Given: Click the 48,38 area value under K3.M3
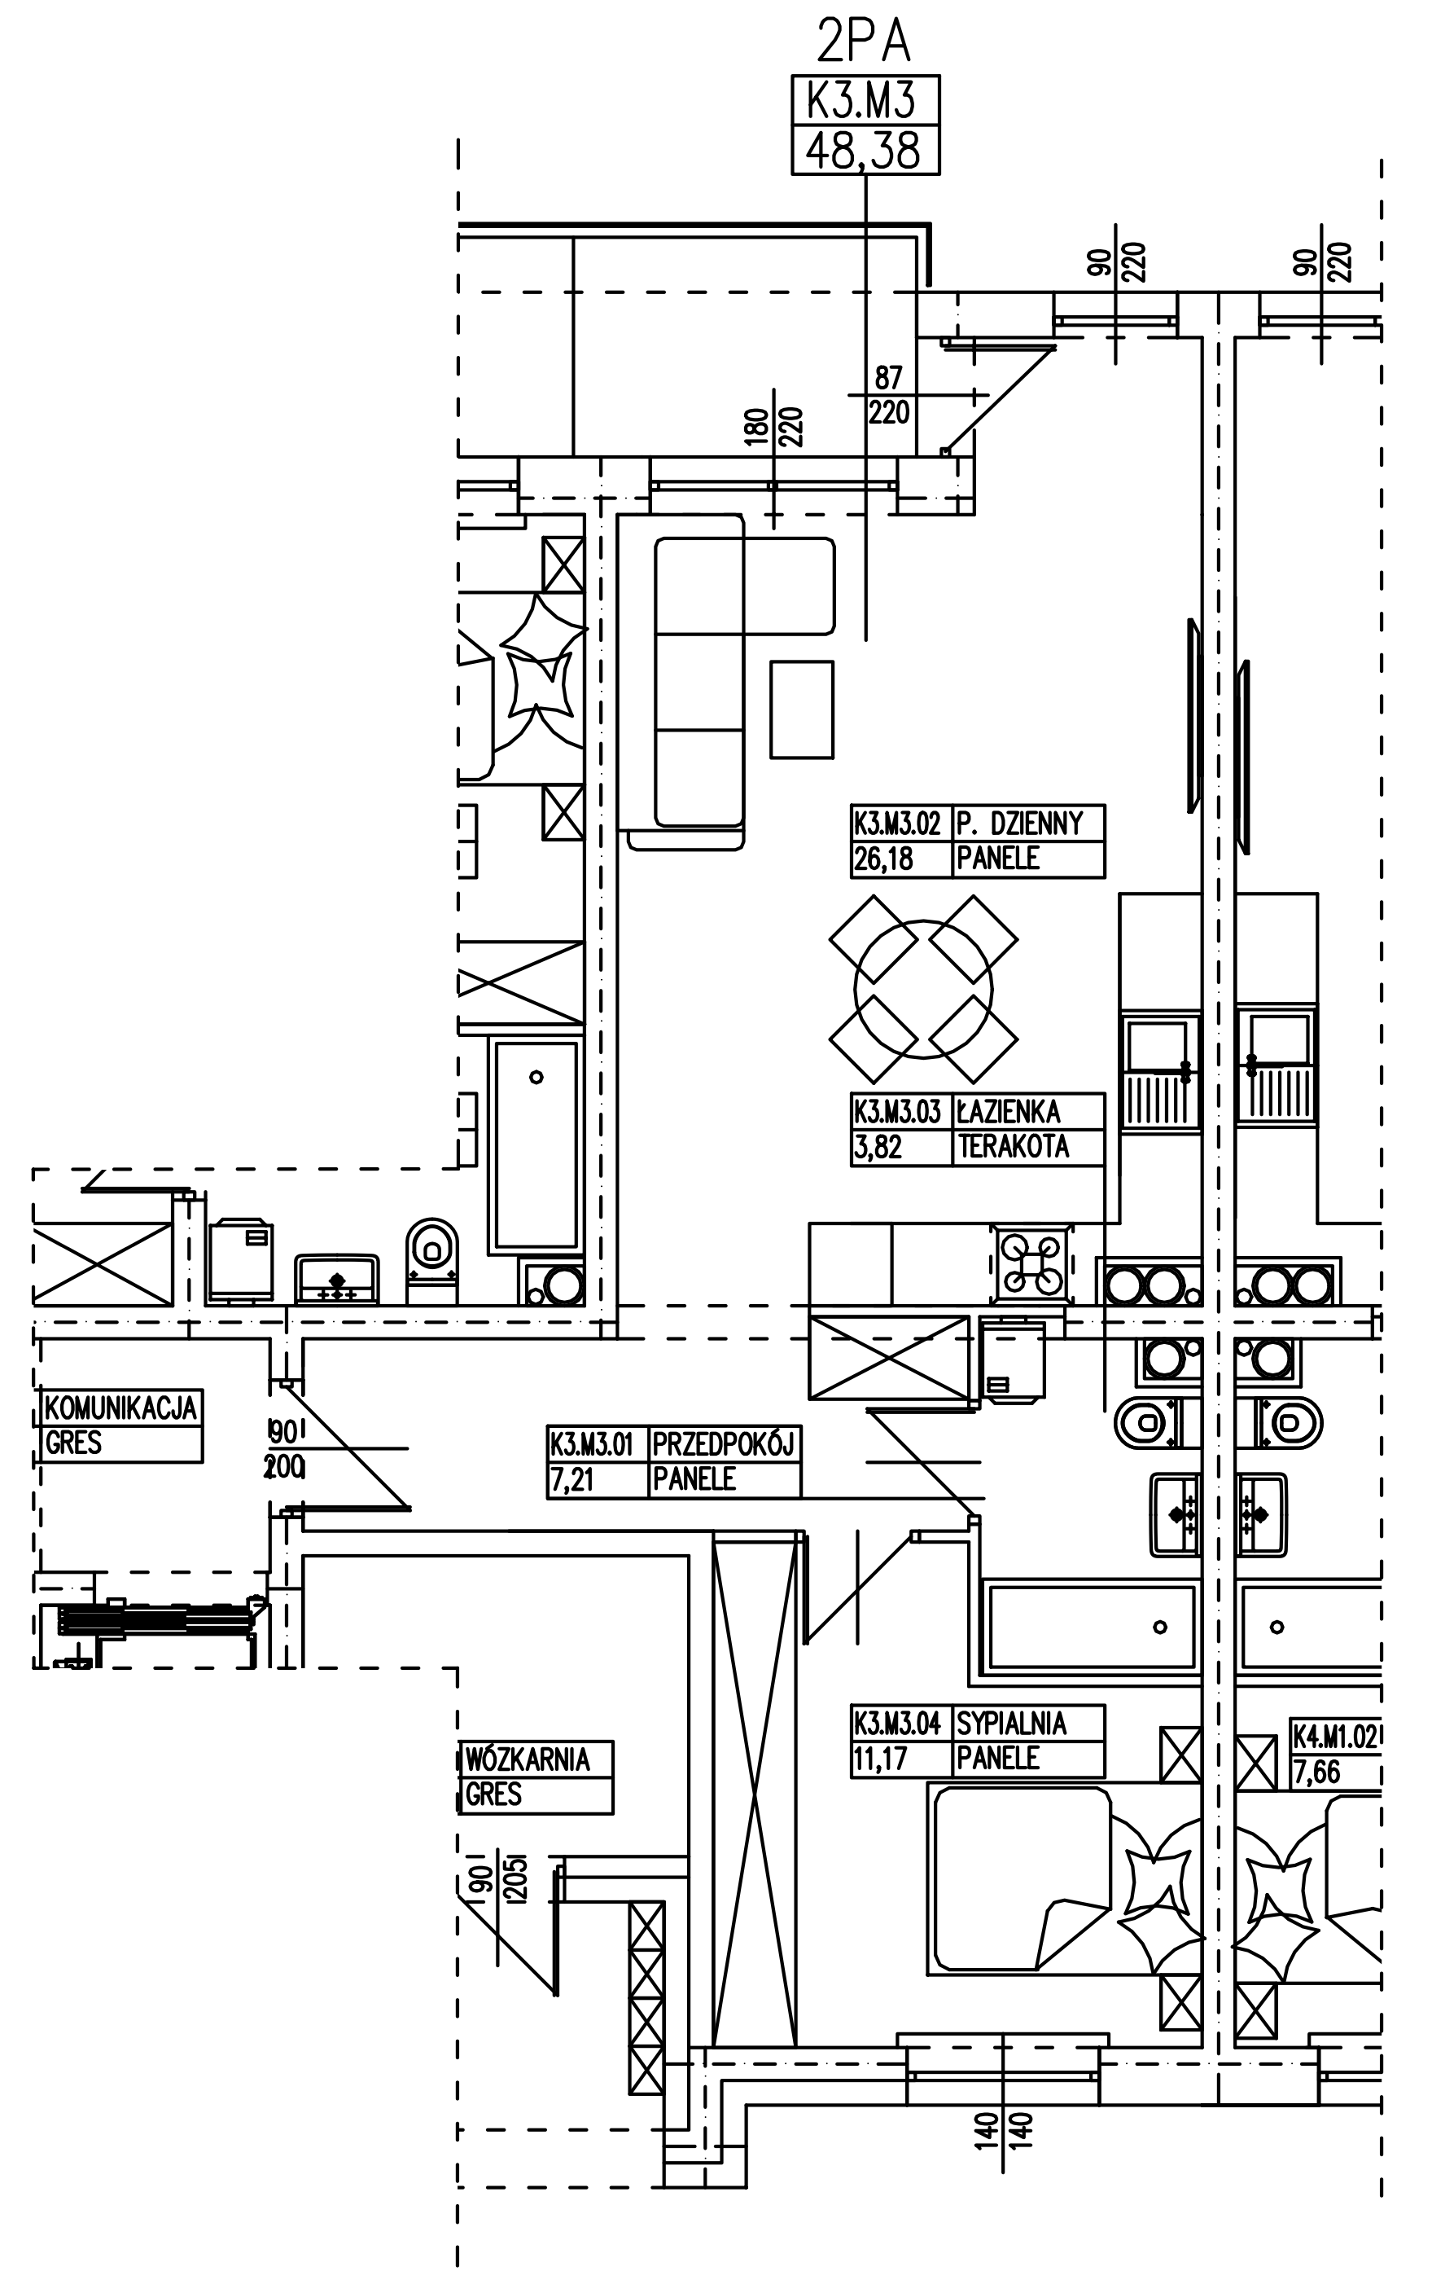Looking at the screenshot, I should click(x=864, y=151).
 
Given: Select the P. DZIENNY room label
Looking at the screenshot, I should click(x=1019, y=823).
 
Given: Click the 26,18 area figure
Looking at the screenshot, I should click(x=883, y=859).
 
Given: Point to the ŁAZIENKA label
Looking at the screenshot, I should click(x=1009, y=1110).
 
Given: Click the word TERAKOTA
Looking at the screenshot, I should click(x=1014, y=1147).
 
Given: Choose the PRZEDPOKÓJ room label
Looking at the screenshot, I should click(x=724, y=1444).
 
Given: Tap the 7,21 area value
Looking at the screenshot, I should click(x=572, y=1479).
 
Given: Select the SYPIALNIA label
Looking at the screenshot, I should click(x=1011, y=1723).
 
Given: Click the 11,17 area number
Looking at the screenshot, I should click(x=881, y=1759).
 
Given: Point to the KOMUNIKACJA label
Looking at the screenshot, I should click(x=121, y=1408).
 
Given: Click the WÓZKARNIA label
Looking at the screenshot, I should click(x=528, y=1759).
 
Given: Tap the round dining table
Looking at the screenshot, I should click(x=923, y=989).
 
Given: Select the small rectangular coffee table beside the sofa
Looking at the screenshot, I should click(x=801, y=709).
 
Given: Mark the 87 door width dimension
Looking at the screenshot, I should click(x=888, y=378).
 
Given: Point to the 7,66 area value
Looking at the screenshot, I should click(x=1316, y=1772).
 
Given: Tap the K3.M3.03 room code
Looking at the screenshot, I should click(x=897, y=1110).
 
